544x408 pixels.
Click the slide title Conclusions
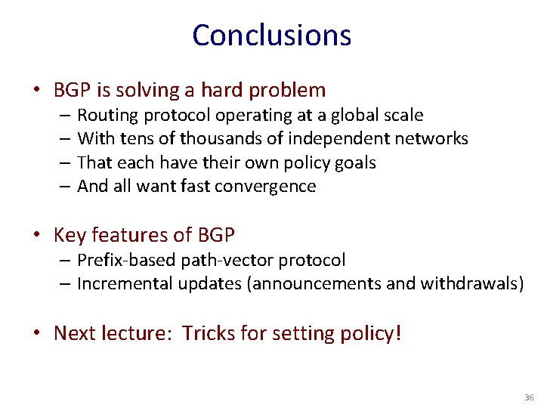click(x=271, y=36)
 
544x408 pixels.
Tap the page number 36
click(x=528, y=397)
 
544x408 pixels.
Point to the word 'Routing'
click(x=105, y=116)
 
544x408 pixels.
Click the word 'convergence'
click(x=266, y=186)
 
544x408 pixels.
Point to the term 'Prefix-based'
click(x=126, y=261)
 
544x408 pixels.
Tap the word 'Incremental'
click(x=125, y=284)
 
